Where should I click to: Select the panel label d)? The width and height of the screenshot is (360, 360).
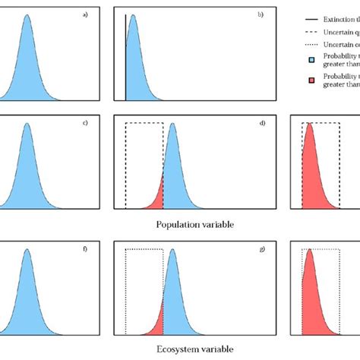click(260, 122)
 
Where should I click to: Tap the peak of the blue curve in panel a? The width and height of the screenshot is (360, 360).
click(27, 18)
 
